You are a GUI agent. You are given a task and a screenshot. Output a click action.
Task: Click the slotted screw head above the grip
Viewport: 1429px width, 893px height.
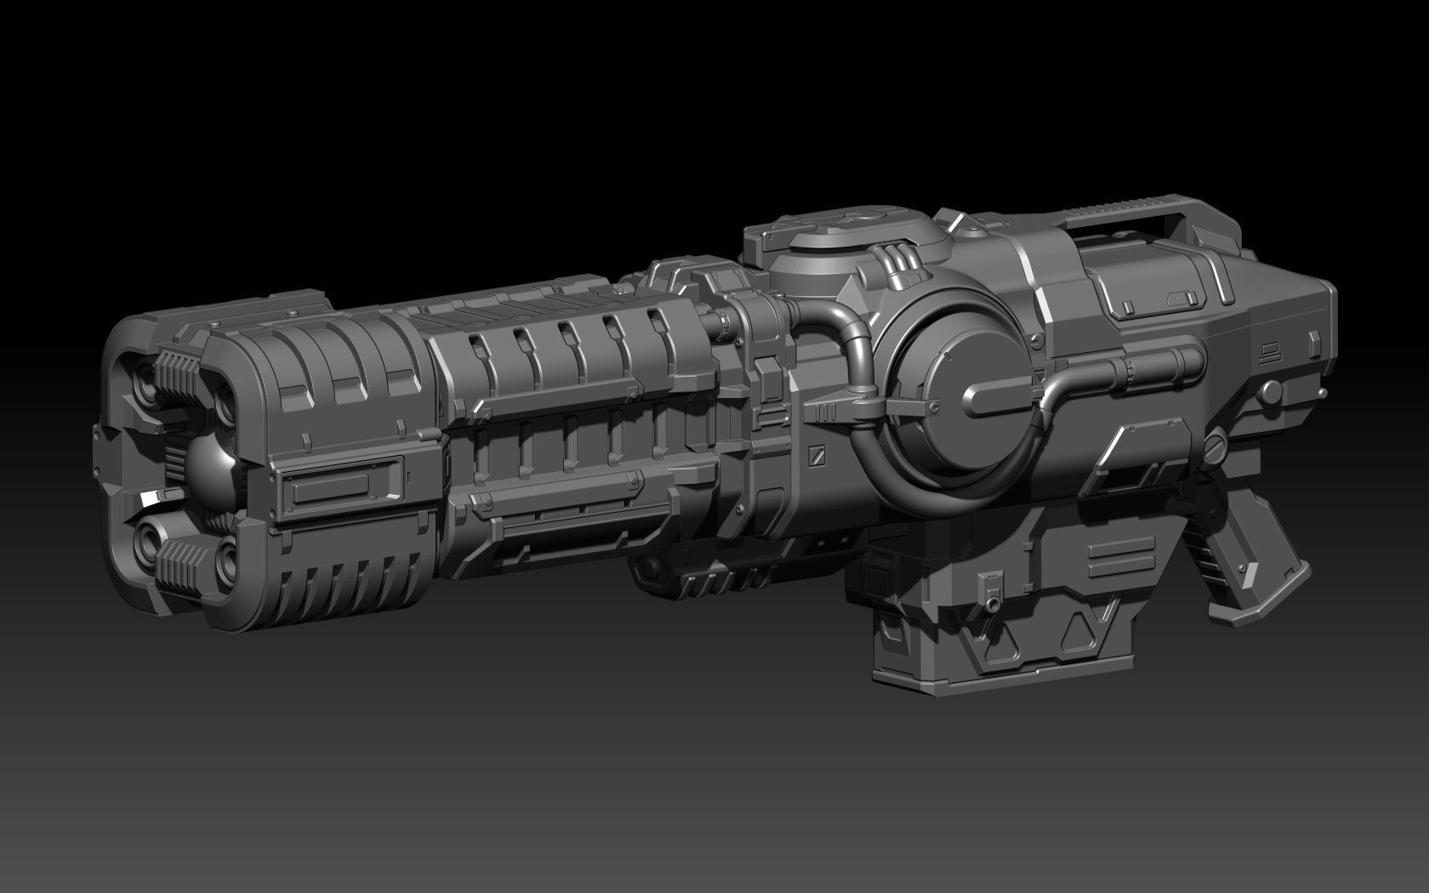click(x=1215, y=446)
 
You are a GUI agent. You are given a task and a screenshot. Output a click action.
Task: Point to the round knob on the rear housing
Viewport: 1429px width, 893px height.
click(x=1271, y=392)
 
